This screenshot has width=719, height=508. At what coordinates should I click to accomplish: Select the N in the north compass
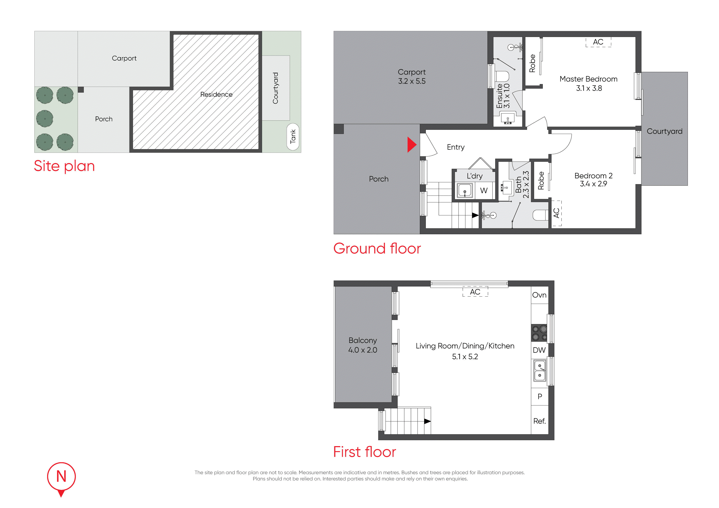(61, 476)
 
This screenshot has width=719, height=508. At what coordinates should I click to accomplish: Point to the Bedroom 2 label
(593, 176)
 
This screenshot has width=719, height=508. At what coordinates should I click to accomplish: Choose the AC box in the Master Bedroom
(598, 42)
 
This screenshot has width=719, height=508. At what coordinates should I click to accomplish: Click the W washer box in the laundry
(484, 190)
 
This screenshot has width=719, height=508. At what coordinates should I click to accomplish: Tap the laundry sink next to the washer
(465, 190)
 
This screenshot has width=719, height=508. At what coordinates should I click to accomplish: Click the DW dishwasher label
(539, 350)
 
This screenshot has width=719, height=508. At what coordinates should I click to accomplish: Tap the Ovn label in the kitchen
(539, 295)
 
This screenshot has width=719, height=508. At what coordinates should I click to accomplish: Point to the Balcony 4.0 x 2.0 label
(363, 345)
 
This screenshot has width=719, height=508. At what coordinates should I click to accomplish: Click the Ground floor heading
(377, 248)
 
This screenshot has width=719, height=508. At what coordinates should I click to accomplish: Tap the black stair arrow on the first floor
(428, 421)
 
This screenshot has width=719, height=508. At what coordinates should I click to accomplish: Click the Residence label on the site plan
(216, 94)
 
